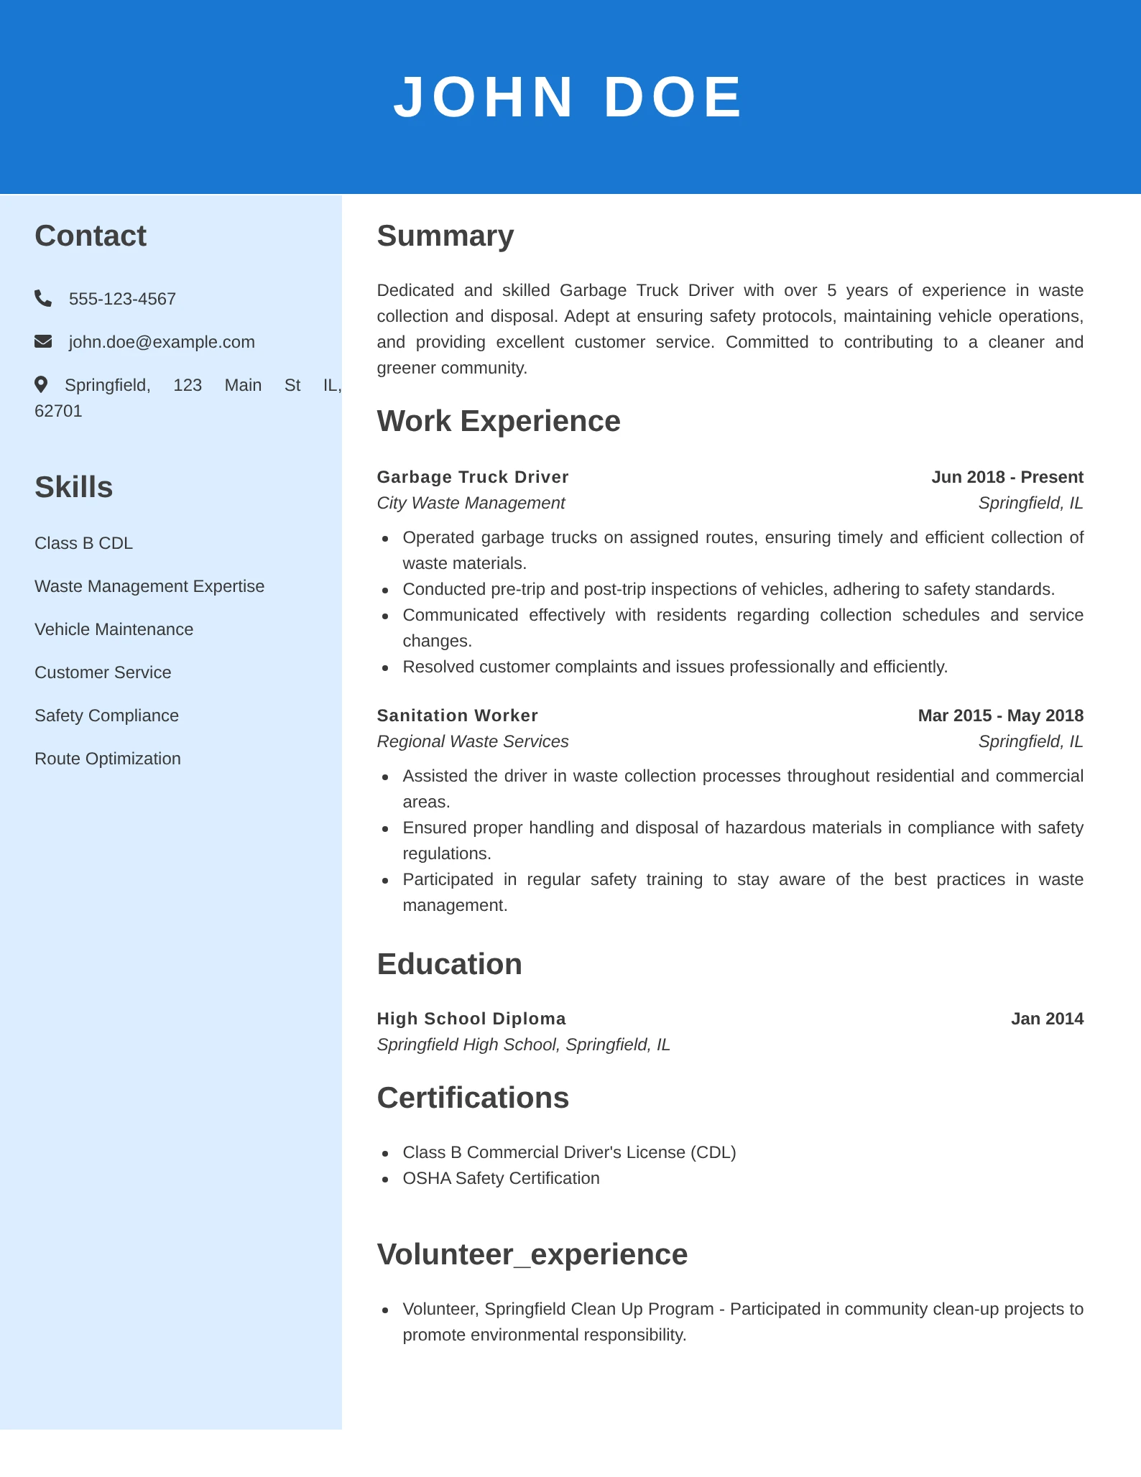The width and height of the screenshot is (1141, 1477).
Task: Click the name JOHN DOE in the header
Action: [568, 98]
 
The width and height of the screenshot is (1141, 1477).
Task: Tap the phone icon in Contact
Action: [43, 298]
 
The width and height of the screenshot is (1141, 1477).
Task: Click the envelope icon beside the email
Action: [43, 341]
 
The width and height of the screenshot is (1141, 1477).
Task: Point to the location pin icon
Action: [41, 384]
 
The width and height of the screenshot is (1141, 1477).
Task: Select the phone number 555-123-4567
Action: [122, 299]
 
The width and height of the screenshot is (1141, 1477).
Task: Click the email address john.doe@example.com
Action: [162, 342]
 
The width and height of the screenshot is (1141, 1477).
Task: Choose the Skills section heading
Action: [74, 487]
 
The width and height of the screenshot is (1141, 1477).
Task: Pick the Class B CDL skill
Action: [83, 543]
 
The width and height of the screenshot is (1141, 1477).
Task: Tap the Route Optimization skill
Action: [108, 759]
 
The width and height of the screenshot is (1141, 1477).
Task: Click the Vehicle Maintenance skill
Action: [114, 629]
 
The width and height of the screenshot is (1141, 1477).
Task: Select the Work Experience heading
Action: [499, 421]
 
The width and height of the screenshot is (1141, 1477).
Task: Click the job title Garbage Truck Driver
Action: [473, 477]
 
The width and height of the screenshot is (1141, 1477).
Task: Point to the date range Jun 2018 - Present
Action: [1007, 477]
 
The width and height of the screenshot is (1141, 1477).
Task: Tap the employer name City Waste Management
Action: [471, 503]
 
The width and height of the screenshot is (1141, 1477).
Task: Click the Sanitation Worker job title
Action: [457, 716]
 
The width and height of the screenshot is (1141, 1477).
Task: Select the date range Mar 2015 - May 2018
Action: [1000, 716]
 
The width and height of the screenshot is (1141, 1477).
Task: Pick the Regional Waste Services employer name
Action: [473, 741]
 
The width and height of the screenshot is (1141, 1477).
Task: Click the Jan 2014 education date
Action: [1047, 1019]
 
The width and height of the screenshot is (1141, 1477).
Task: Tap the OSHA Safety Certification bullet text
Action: [501, 1178]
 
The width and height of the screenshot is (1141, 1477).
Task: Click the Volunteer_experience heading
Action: [532, 1254]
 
